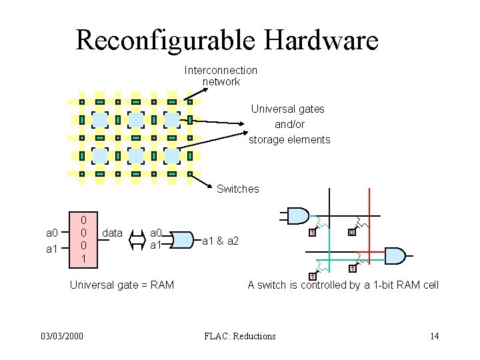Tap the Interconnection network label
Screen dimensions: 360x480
pyautogui.click(x=221, y=76)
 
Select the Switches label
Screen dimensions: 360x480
pyautogui.click(x=237, y=189)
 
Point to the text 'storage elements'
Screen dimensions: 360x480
pyautogui.click(x=289, y=139)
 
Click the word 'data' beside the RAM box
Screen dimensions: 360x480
pyautogui.click(x=113, y=233)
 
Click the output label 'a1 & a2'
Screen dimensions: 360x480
pyautogui.click(x=220, y=240)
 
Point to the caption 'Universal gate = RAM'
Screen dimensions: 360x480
pyautogui.click(x=122, y=285)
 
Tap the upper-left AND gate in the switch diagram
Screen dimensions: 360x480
pyautogui.click(x=297, y=215)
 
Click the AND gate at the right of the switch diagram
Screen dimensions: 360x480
pyautogui.click(x=395, y=255)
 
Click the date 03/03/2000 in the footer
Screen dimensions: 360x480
pyautogui.click(x=62, y=336)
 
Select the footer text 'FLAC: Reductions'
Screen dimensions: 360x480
pyautogui.click(x=239, y=336)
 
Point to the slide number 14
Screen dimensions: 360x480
pyautogui.click(x=434, y=336)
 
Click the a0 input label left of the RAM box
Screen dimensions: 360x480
pyautogui.click(x=51, y=233)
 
